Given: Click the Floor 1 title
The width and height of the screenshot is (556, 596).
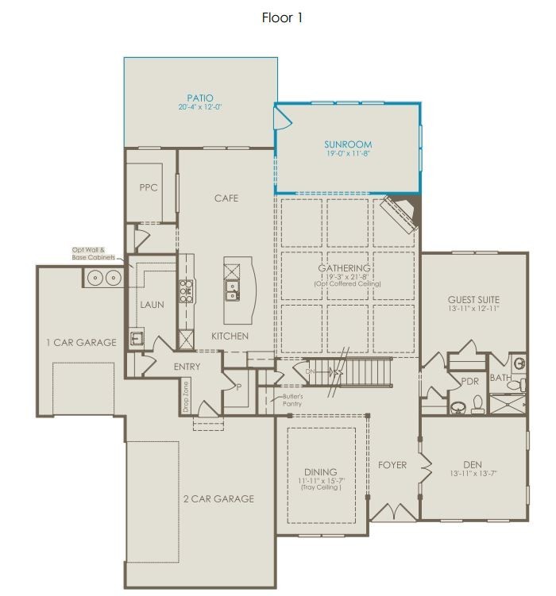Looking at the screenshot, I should coord(282,17).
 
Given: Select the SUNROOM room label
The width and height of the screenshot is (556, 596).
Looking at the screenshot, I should coord(348,144).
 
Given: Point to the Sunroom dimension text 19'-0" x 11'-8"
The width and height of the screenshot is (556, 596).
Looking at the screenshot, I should coord(348,153).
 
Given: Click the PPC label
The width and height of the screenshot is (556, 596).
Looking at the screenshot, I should coord(148,188).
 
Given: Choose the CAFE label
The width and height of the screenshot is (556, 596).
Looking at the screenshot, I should coord(226,198).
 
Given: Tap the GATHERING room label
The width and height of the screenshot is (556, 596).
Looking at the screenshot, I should coord(344,268).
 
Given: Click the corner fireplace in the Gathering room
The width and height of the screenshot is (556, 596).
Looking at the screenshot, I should coord(400,213).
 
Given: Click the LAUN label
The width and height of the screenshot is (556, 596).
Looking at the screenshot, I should coord(152,304).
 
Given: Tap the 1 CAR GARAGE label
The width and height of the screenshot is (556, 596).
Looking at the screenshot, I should coord(79,343).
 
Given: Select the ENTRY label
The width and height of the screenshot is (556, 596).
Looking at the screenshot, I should coord(187,367).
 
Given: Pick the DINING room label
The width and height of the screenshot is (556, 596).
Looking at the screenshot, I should coord(320,471).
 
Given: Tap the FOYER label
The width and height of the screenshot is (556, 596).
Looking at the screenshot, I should coord(392,465).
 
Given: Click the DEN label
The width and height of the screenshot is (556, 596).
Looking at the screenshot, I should coord(473,465).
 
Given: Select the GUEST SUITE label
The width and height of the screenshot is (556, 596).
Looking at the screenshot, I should coord(473,299).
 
